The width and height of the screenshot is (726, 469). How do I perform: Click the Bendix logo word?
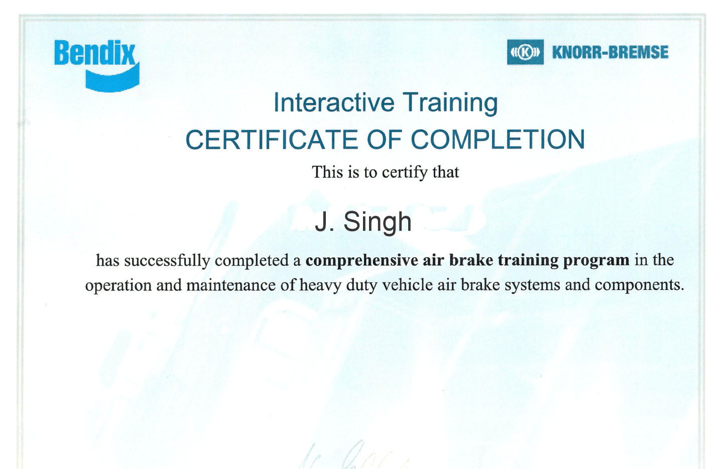(94, 53)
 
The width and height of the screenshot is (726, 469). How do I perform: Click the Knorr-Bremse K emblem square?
(525, 52)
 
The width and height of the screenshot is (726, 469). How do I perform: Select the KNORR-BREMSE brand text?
(611, 53)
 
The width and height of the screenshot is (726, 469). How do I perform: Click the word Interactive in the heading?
(334, 102)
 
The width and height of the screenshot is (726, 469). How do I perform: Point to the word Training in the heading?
(450, 103)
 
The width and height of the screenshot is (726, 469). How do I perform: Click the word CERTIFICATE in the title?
(272, 139)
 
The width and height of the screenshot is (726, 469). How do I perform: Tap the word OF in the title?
(385, 139)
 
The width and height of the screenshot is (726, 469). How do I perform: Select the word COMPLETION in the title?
(498, 139)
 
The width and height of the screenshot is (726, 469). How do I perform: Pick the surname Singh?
(378, 223)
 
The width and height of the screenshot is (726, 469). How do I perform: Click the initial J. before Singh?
(324, 222)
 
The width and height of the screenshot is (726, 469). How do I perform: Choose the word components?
(640, 285)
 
